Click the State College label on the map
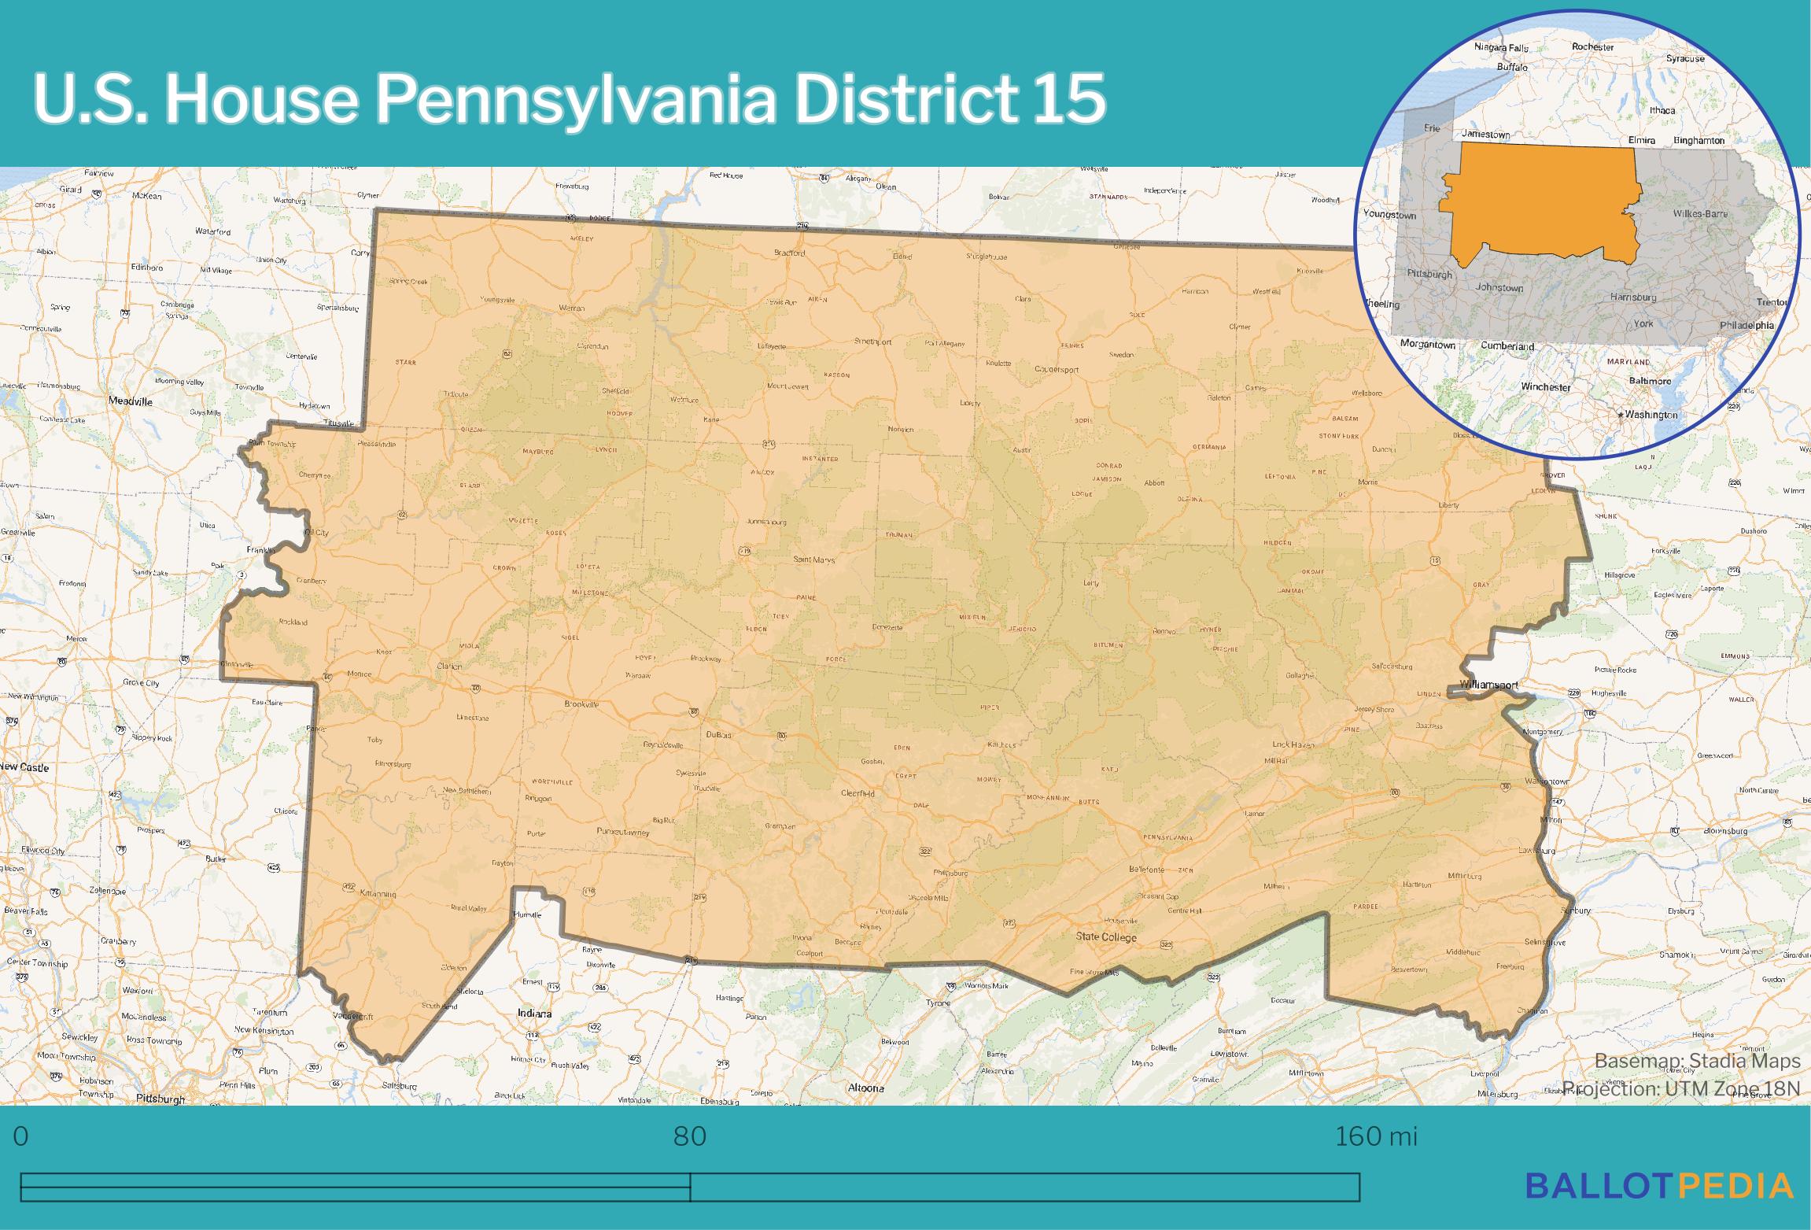coord(1106,936)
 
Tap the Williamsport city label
coord(1488,685)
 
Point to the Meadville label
coord(131,401)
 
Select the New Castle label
coord(24,767)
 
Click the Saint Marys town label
coord(813,560)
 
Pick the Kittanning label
coord(377,894)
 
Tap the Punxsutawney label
coord(623,832)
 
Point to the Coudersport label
coord(1057,369)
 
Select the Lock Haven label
coord(1293,744)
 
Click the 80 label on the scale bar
coord(690,1136)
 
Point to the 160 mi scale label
coord(1376,1136)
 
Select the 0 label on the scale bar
coord(21,1136)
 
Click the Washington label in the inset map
coord(1651,415)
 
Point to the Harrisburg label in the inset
coord(1633,297)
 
